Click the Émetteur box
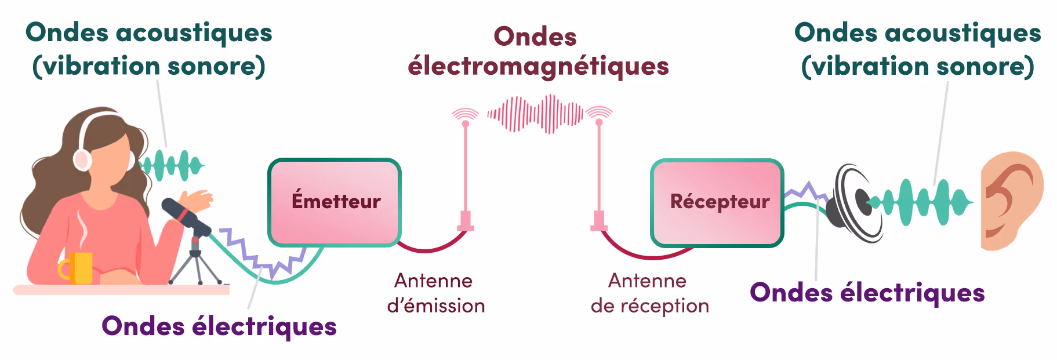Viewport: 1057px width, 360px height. tap(335, 202)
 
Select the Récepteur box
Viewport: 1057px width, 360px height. tap(717, 202)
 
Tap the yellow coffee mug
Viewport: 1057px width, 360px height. tap(80, 267)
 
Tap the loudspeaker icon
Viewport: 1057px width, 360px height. tap(855, 203)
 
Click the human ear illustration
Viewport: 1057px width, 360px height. tap(1011, 201)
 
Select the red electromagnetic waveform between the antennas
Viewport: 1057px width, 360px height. tap(535, 114)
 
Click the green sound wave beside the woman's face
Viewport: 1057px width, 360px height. tap(172, 166)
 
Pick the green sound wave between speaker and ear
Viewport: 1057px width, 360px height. tap(922, 202)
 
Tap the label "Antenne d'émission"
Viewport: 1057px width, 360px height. tap(435, 293)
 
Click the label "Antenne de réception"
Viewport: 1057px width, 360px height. tap(649, 293)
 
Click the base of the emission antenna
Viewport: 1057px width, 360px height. tap(465, 221)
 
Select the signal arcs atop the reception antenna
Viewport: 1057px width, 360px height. tap(599, 112)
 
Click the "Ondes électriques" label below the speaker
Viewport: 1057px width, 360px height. tap(867, 293)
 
